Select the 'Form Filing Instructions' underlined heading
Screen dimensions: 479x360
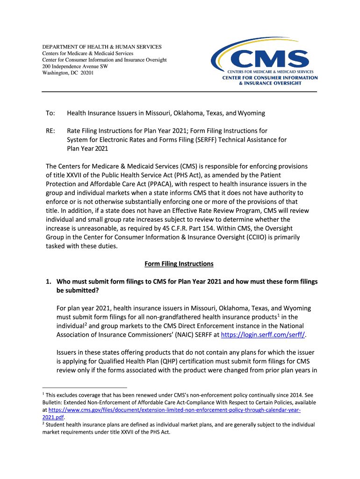coord(179,264)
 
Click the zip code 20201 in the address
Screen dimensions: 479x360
coord(87,73)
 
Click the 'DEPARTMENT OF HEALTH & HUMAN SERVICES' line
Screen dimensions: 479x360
coord(102,47)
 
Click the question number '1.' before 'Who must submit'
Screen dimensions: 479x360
coord(48,282)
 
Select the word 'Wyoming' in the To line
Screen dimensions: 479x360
coord(252,113)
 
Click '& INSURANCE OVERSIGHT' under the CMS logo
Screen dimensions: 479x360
coord(270,83)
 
